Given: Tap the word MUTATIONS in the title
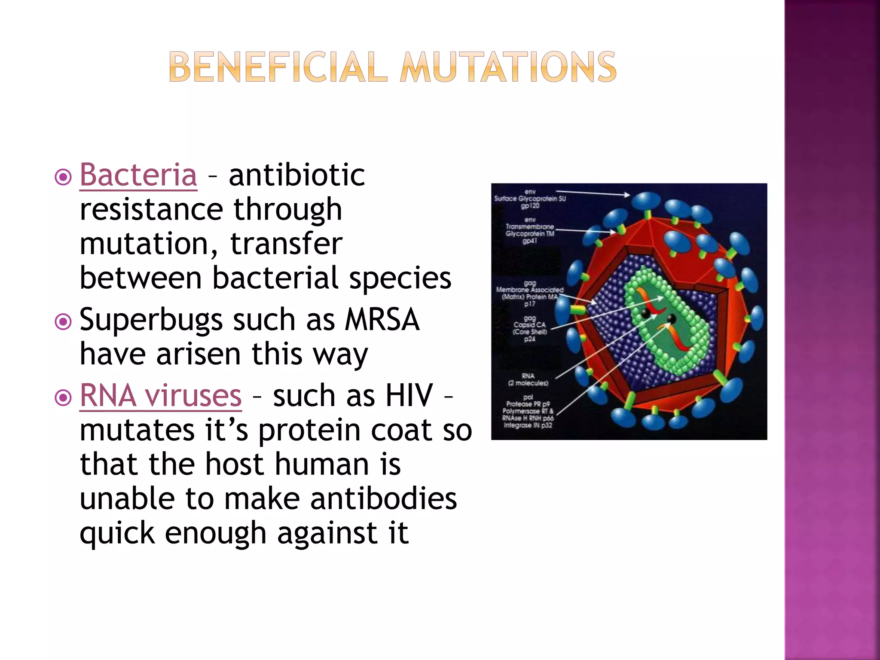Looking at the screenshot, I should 508,67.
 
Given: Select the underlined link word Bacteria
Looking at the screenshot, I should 138,175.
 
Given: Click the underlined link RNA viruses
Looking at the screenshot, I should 161,396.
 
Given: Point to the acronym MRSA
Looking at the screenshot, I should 382,320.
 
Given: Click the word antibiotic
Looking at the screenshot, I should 297,175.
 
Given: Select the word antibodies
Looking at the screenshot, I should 383,499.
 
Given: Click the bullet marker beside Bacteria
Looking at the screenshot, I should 64,177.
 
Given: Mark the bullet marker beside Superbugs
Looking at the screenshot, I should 64,321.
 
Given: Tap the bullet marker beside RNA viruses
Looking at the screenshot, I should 64,397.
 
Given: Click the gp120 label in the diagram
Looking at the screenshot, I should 530,206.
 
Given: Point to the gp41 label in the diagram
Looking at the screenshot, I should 530,241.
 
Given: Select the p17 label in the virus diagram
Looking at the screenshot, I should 529,304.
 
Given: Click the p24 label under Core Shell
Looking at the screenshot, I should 529,339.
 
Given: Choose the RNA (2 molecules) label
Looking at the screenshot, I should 528,379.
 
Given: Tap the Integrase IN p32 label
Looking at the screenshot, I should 528,425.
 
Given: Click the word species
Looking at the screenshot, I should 400,278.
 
